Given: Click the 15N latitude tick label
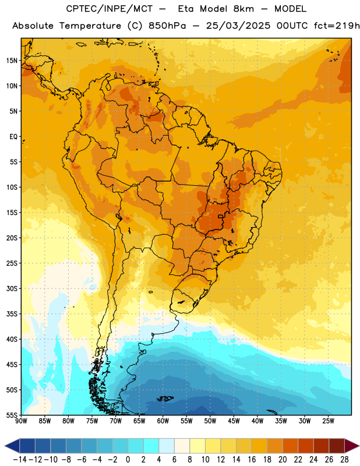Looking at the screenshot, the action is coord(12,61).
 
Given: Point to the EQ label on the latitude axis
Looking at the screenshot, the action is coord(13,137).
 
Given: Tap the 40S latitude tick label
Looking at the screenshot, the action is coord(12,339).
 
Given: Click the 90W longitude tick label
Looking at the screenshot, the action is coord(21,421).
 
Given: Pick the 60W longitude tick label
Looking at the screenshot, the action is coord(163,421).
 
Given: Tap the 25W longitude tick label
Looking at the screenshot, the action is coord(328,421).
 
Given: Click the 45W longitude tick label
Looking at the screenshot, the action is coord(234,421).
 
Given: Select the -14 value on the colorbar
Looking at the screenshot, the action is coord(20,460).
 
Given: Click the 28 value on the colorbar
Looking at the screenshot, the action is coord(344,460).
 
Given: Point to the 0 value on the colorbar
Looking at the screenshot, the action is coord(128,460).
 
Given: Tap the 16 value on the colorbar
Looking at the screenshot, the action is coord(252,460).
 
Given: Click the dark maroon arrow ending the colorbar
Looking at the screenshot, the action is coord(351,446).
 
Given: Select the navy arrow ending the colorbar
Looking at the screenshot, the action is coord(12,446).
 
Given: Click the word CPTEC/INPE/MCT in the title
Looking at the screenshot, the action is coord(110,9).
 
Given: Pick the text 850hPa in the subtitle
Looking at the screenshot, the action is coord(167,26).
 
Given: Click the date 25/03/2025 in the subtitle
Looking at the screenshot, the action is coord(238,26).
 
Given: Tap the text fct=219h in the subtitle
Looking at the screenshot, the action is coord(337,26).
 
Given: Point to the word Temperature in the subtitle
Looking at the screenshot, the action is coord(90,26).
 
